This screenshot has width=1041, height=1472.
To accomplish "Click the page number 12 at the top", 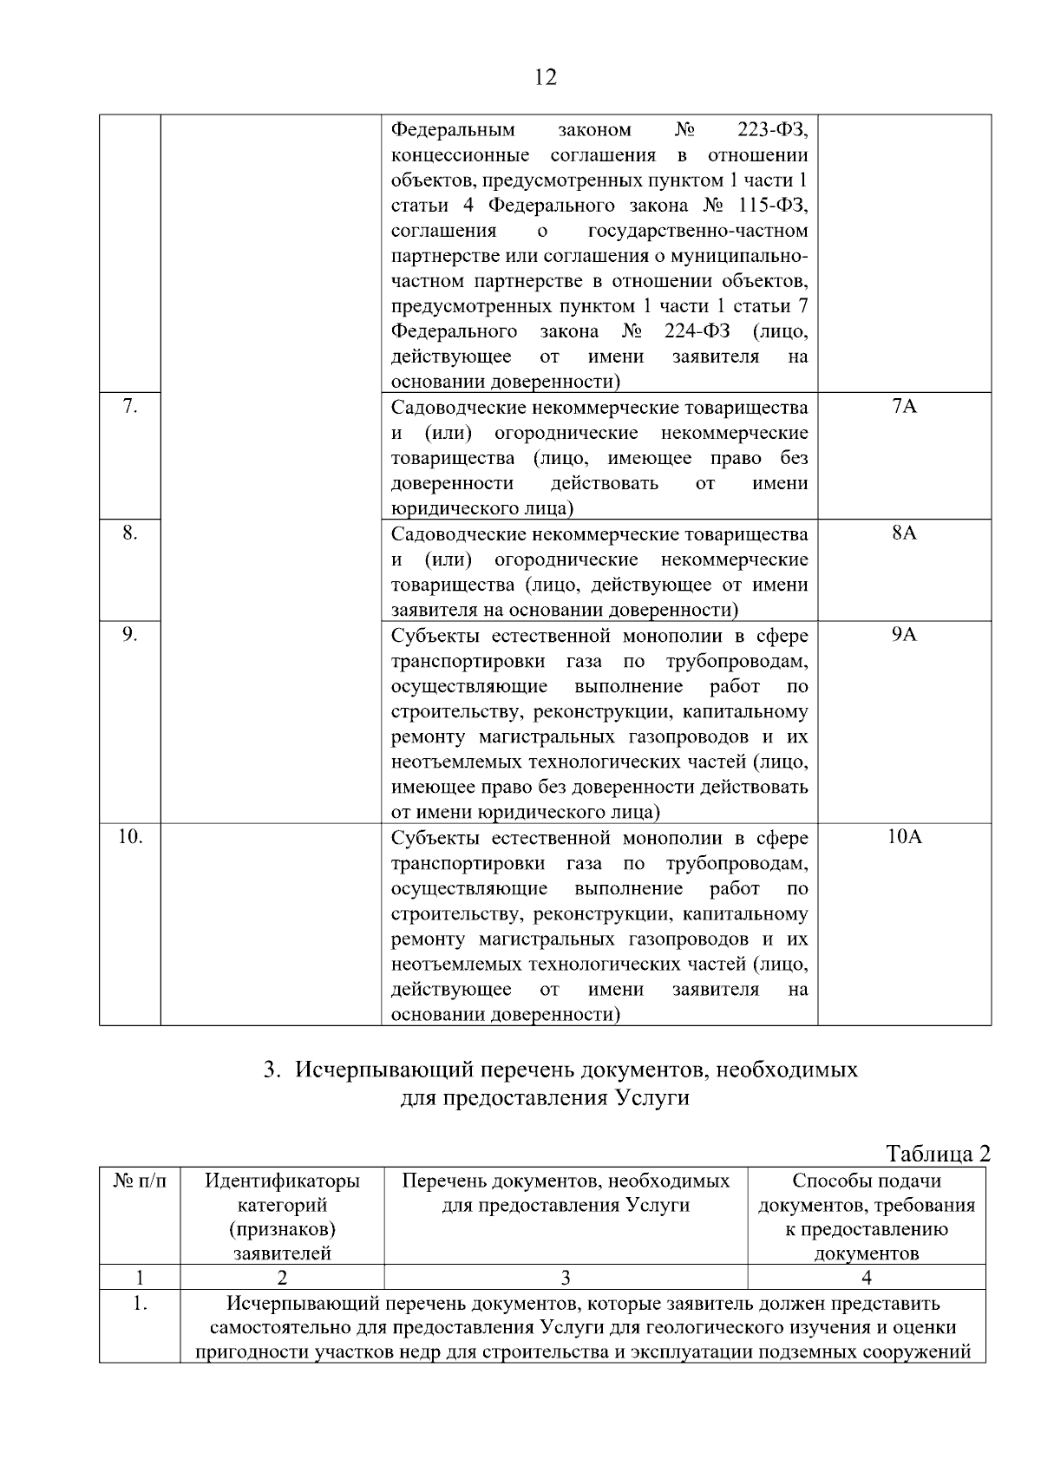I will [x=546, y=77].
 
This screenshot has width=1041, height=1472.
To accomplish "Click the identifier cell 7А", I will [x=904, y=407].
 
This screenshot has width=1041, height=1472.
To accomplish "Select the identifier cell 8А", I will [x=904, y=533].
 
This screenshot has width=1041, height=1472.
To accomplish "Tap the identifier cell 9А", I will [x=904, y=635].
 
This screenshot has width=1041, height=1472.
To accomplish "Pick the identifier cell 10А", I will [x=904, y=837].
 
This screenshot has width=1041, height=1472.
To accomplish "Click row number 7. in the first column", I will [x=129, y=407].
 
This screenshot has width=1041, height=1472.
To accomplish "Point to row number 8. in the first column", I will [x=129, y=533].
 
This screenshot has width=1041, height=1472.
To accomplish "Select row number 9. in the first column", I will [x=129, y=635].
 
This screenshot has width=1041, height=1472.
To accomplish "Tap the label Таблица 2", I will [x=937, y=1154].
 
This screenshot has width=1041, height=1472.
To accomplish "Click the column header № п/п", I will [x=140, y=1181].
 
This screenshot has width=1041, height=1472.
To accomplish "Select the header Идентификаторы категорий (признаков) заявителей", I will [x=282, y=1217].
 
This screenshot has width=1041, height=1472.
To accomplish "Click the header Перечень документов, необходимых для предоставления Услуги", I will [x=566, y=1193].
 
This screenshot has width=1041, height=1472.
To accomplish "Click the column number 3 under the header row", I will [x=566, y=1277].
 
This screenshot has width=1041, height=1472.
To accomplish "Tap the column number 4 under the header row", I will [x=866, y=1277].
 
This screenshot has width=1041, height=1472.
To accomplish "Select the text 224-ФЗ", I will [x=697, y=331].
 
